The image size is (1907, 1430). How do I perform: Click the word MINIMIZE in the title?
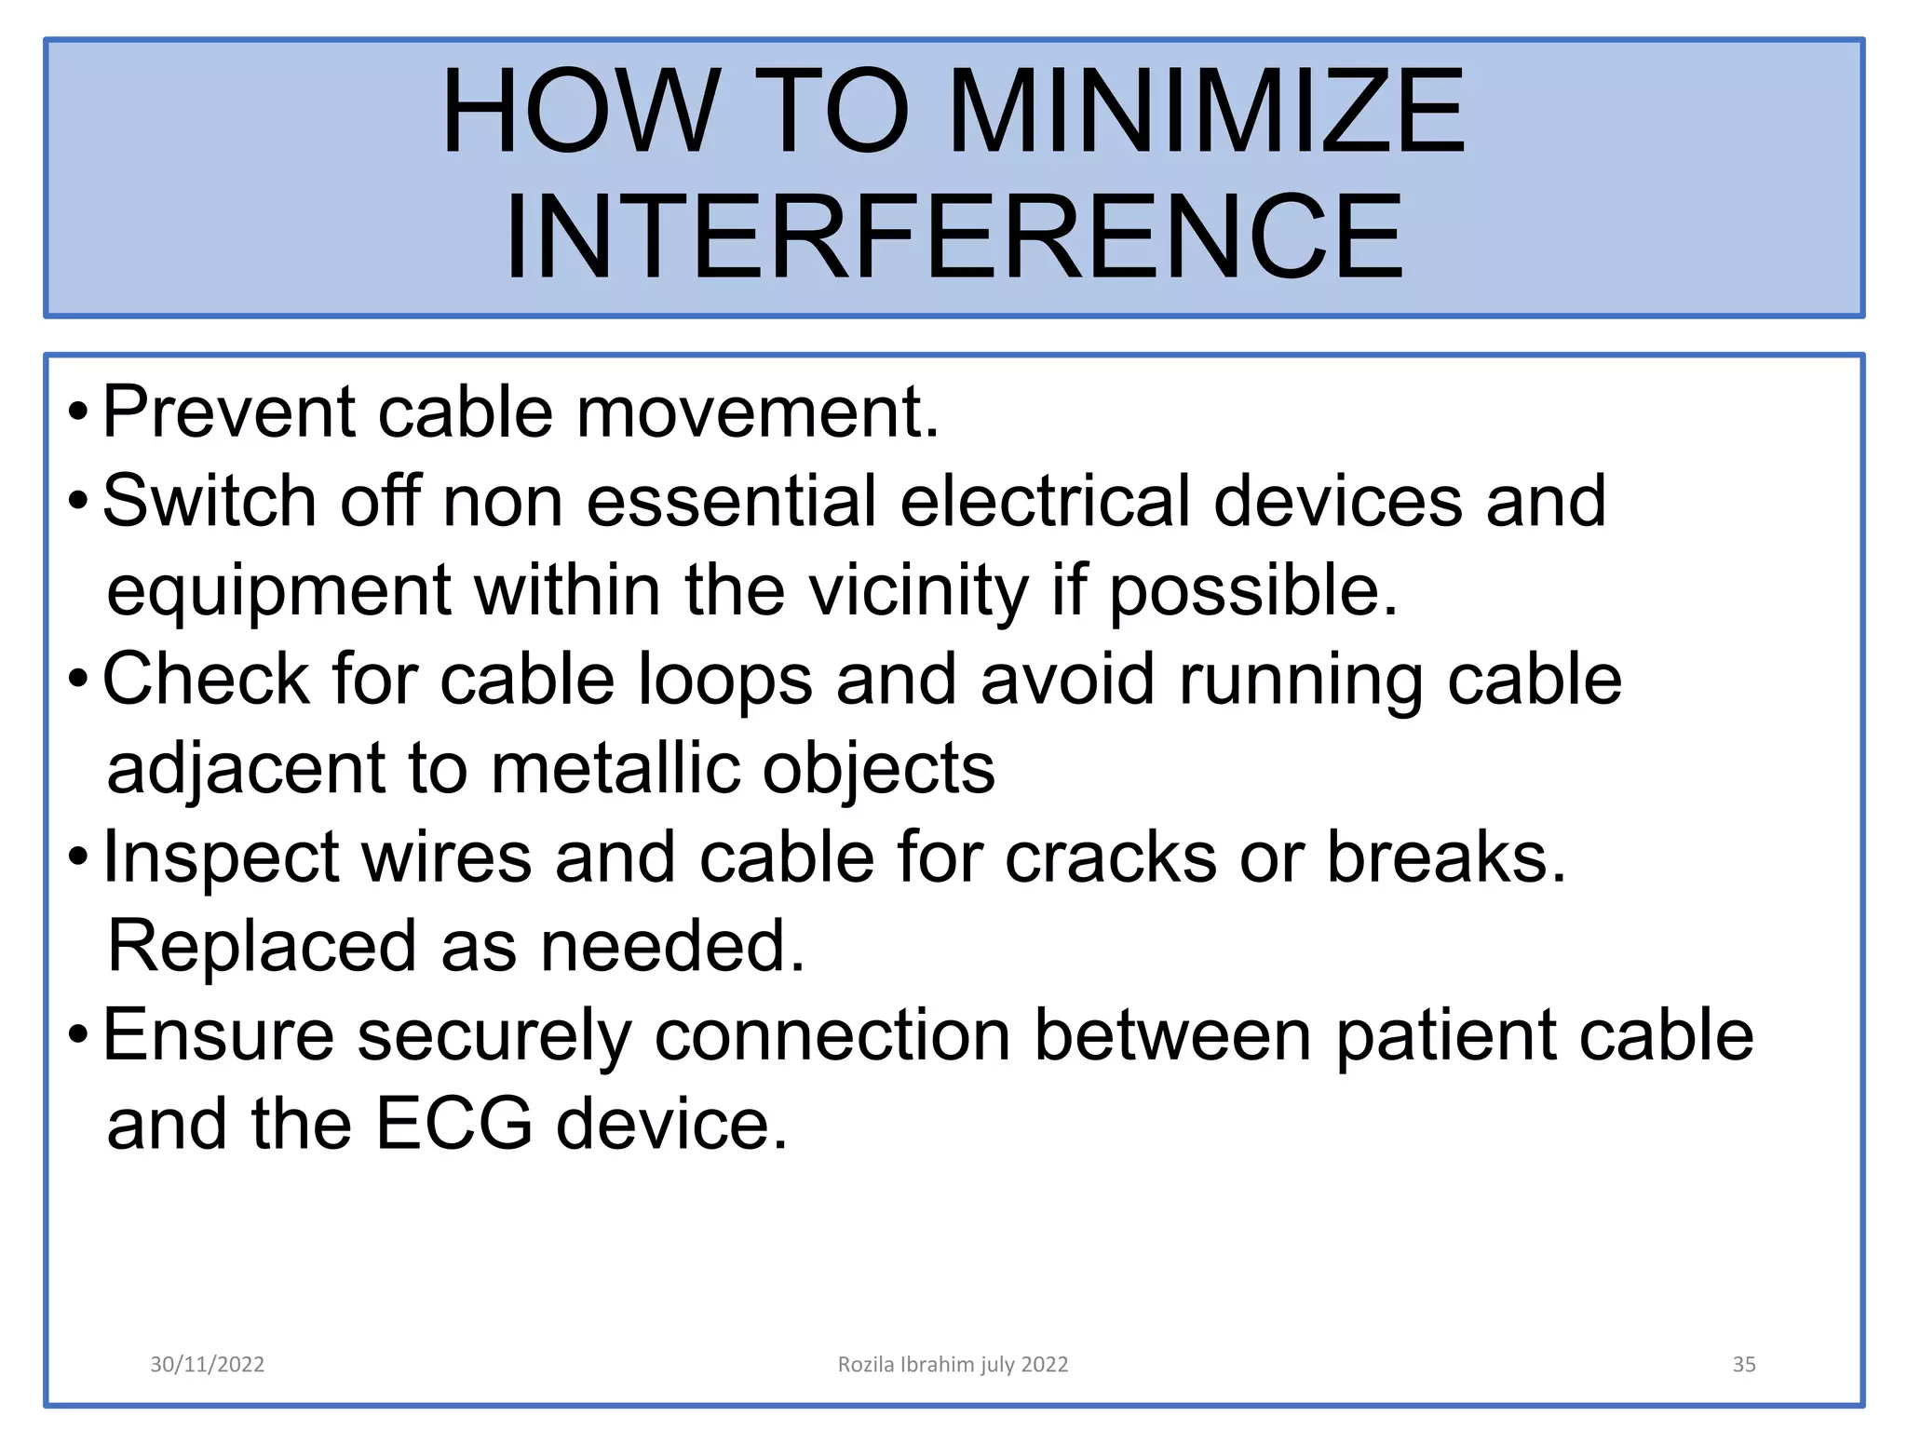[x=1206, y=112]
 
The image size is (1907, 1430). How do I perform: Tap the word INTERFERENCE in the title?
[x=953, y=236]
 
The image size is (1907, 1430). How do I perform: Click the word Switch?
[x=210, y=501]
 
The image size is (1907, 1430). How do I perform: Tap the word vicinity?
[x=917, y=590]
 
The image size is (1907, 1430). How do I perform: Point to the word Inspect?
[x=221, y=857]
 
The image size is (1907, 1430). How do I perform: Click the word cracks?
[x=1110, y=857]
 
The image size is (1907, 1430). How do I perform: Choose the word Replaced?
[x=262, y=946]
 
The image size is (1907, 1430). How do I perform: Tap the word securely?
[x=494, y=1035]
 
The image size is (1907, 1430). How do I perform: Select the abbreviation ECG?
[x=453, y=1124]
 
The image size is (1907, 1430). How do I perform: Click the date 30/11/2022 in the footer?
[x=207, y=1364]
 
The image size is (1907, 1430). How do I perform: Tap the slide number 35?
[x=1743, y=1364]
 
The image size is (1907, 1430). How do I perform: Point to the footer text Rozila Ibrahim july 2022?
[x=953, y=1364]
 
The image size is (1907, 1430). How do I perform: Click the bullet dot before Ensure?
[x=79, y=1034]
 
